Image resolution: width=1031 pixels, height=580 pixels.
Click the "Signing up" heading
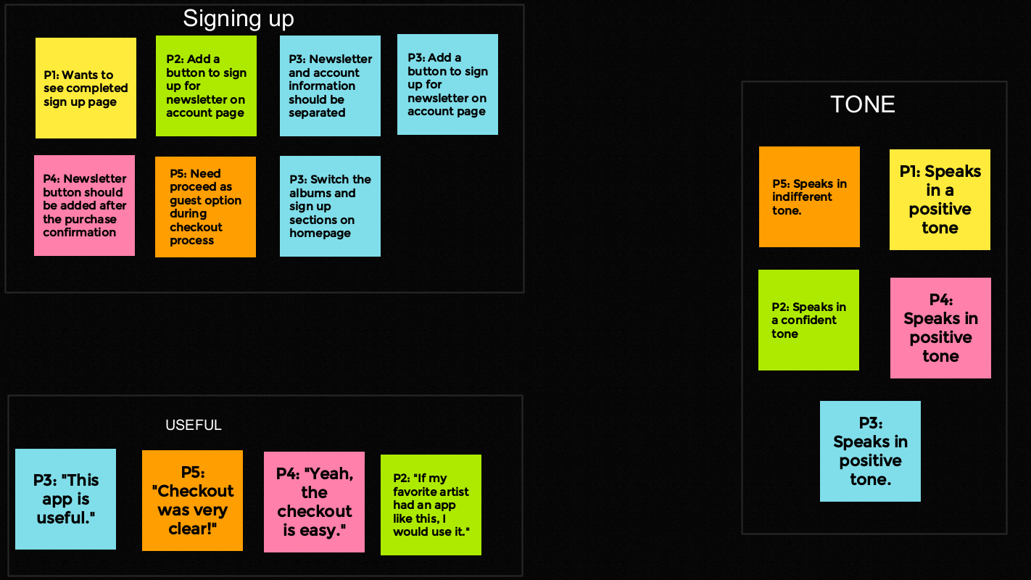[238, 19]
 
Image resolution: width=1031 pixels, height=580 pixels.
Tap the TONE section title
[862, 104]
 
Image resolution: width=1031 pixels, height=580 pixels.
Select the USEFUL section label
[194, 426]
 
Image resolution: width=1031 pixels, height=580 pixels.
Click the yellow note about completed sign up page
[86, 88]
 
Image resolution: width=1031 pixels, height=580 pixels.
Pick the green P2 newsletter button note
[206, 86]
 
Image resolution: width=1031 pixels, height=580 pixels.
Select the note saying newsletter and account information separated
[330, 86]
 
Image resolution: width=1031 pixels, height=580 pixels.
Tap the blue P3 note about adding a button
[447, 84]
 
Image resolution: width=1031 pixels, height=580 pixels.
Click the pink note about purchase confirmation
[84, 205]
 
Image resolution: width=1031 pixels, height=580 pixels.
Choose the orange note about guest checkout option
[205, 207]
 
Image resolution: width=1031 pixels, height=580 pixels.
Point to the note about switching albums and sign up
[330, 206]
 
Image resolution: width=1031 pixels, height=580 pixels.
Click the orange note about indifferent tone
[809, 196]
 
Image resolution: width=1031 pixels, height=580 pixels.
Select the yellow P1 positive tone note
[940, 199]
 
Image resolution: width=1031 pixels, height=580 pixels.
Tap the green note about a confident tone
[808, 320]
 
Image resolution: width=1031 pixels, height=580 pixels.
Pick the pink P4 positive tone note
[940, 328]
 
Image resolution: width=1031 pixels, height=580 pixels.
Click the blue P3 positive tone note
[870, 451]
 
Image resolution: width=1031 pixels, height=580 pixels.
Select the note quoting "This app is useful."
[65, 499]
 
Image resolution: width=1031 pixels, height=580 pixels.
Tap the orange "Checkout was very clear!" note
[192, 500]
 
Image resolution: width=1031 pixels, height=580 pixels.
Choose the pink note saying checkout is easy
[314, 502]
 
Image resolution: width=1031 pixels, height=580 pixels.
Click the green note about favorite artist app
[431, 505]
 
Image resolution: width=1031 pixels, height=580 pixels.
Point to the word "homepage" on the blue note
[320, 233]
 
